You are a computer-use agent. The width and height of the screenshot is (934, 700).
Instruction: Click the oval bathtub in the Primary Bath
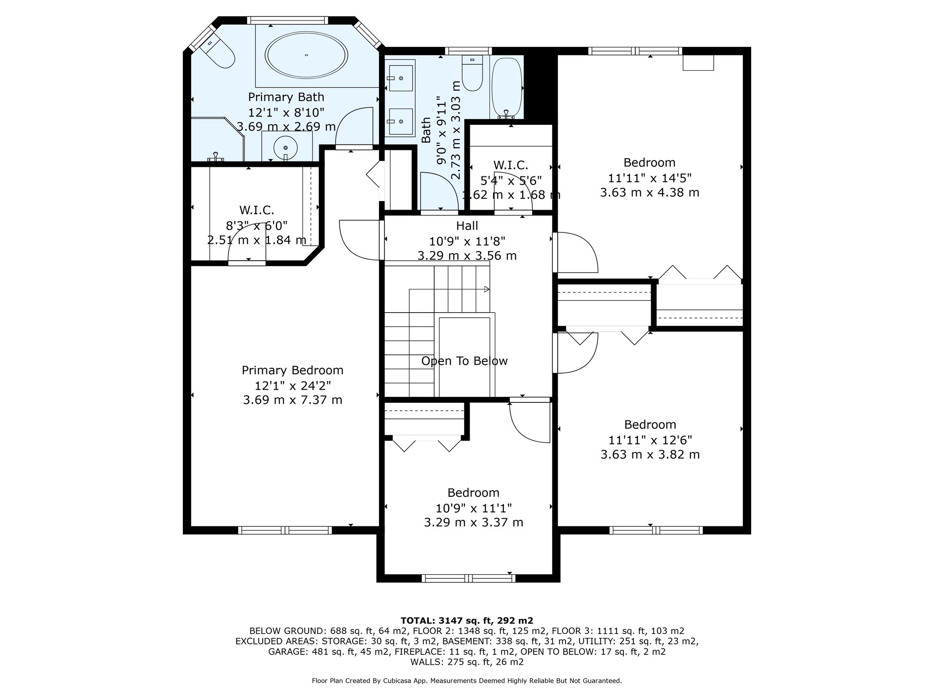(x=307, y=55)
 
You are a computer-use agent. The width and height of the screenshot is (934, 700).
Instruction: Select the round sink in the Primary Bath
(x=285, y=147)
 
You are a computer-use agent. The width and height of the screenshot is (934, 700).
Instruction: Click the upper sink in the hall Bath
(x=400, y=78)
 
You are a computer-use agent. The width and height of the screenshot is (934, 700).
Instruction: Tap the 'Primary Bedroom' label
(x=292, y=370)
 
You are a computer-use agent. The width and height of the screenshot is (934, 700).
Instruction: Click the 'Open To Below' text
(x=464, y=361)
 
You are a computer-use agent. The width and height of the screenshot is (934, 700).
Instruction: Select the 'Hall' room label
(x=467, y=226)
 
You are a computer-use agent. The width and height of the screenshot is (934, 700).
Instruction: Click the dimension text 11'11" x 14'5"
(x=649, y=177)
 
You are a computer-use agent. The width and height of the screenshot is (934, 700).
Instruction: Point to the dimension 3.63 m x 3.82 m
(x=650, y=454)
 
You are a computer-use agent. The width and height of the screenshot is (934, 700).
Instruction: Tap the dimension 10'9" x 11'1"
(x=473, y=508)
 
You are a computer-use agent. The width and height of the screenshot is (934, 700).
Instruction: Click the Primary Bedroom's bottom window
(x=285, y=530)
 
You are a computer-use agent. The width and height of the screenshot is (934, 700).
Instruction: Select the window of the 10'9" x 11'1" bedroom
(x=468, y=578)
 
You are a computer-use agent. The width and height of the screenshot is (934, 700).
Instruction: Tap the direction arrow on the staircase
(x=486, y=289)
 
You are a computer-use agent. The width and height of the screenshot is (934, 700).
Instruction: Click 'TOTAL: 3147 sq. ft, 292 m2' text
(x=467, y=620)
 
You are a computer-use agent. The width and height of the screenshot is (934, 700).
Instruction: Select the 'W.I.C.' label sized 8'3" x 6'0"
(x=257, y=210)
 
